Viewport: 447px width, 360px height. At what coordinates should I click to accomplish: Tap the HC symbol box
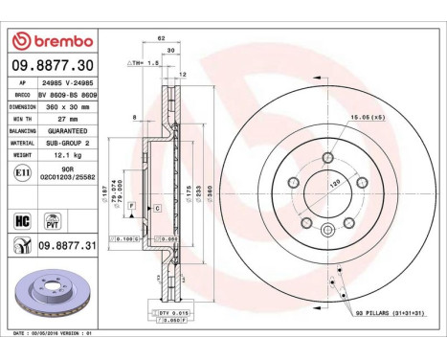coord(21,221)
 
